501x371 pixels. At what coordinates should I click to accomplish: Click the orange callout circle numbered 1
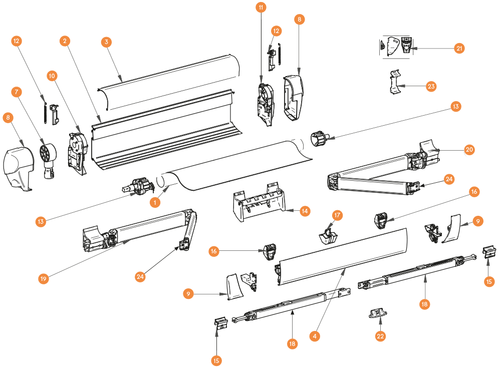[x=156, y=202]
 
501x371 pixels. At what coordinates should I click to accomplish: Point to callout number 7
[x=18, y=92]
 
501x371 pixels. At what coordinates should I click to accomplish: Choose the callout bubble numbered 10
[x=53, y=76]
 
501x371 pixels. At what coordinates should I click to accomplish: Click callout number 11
[x=261, y=8]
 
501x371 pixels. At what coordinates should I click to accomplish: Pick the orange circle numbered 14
[x=305, y=211]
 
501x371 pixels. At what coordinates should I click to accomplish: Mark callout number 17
[x=338, y=215]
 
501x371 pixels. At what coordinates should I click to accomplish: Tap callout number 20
[x=469, y=149]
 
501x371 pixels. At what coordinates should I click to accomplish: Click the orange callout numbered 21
[x=459, y=48]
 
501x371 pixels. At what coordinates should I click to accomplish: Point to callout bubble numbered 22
[x=380, y=336]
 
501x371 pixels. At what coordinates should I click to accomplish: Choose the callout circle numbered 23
[x=431, y=86]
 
